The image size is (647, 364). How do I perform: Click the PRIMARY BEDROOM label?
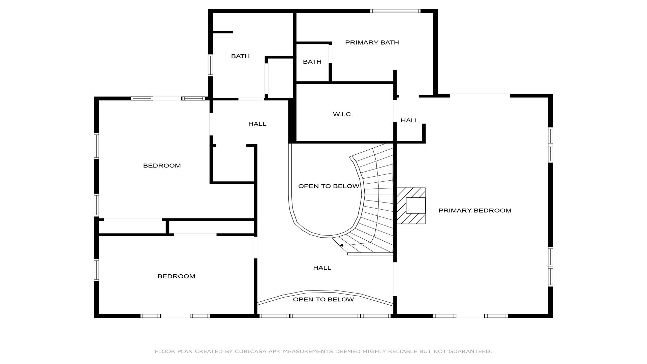(475, 211)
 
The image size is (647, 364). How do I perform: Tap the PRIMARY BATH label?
(372, 42)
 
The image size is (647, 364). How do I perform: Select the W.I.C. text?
(343, 114)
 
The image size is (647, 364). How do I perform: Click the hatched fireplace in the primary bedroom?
(411, 206)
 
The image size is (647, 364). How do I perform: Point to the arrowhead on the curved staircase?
(341, 245)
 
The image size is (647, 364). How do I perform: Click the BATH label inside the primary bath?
(312, 62)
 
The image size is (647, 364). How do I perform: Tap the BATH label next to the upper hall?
(240, 56)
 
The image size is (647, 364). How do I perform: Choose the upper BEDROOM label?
(162, 165)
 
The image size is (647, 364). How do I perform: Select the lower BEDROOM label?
(176, 276)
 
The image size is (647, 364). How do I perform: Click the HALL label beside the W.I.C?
(409, 120)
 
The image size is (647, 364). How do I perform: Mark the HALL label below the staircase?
(322, 268)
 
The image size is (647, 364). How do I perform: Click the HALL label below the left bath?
(257, 124)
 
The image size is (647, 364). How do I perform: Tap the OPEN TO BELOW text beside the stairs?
(329, 186)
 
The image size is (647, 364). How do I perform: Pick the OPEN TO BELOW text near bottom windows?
(323, 300)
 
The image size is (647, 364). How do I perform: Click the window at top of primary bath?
(395, 11)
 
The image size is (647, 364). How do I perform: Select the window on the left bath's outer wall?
(210, 65)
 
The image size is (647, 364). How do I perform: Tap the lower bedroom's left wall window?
(96, 270)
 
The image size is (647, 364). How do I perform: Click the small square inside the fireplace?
(415, 206)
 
